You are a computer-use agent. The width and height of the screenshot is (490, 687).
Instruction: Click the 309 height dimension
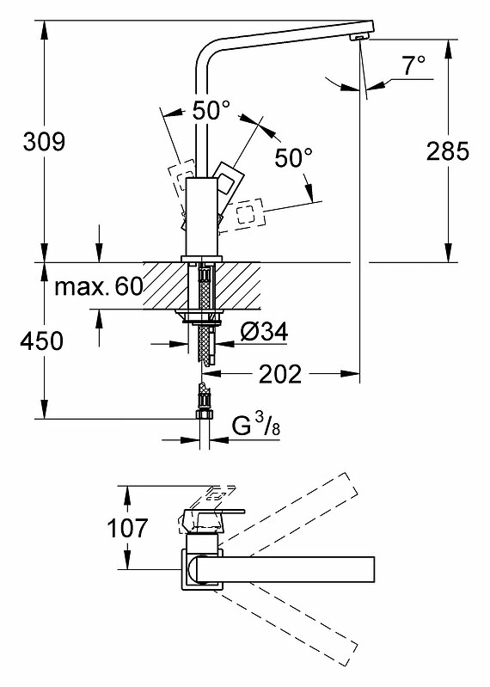point(44,142)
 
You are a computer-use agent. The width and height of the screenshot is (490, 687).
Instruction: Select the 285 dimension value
point(448,151)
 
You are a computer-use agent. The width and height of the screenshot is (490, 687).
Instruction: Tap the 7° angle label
point(413,65)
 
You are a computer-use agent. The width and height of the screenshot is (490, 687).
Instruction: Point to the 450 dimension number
point(42,340)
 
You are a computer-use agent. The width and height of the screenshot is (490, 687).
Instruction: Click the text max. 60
point(99,286)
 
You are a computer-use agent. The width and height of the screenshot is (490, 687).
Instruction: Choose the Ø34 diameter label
point(264,332)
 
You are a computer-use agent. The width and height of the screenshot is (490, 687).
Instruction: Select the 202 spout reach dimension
point(280,374)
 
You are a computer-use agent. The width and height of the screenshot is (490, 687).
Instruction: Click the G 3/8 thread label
point(255,426)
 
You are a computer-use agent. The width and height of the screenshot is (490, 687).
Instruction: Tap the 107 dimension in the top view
point(128,528)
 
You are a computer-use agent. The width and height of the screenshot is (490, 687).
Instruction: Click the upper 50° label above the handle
point(211,110)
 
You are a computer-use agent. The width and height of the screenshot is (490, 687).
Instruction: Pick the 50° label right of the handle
point(294,157)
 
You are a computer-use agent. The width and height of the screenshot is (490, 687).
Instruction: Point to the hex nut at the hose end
point(204,414)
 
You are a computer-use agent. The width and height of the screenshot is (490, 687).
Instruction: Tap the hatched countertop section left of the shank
point(165,285)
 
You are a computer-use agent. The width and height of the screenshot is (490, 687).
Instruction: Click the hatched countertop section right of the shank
point(239,285)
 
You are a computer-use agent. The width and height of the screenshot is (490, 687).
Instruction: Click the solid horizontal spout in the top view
point(285,569)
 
